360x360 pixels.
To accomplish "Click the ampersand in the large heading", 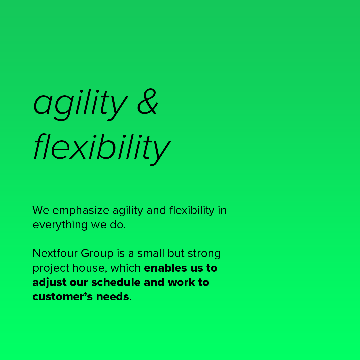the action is click(x=148, y=101).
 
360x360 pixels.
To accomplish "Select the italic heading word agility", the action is click(x=81, y=104).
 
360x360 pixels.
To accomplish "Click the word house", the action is click(x=90, y=268).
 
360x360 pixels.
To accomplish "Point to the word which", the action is click(x=126, y=268).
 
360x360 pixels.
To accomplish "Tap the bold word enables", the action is click(x=166, y=268).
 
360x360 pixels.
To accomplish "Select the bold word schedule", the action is click(x=116, y=282).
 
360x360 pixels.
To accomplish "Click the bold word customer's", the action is click(x=63, y=297).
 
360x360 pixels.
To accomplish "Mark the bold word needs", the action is click(x=113, y=297).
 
